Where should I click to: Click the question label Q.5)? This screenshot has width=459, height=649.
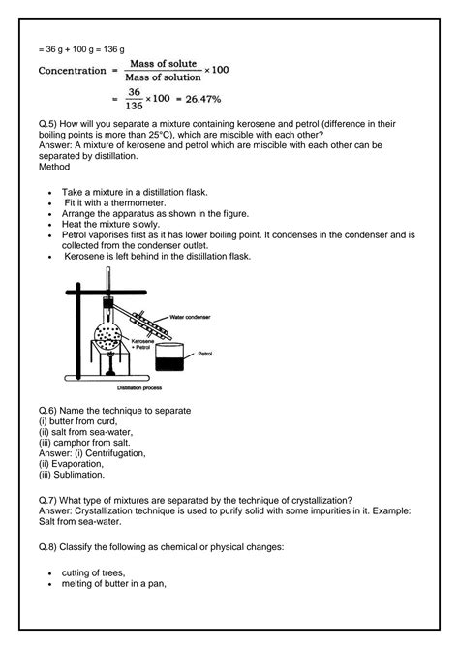(x=50, y=126)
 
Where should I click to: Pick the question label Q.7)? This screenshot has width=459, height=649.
(x=50, y=500)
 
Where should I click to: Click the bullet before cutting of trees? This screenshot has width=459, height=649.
(x=49, y=573)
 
